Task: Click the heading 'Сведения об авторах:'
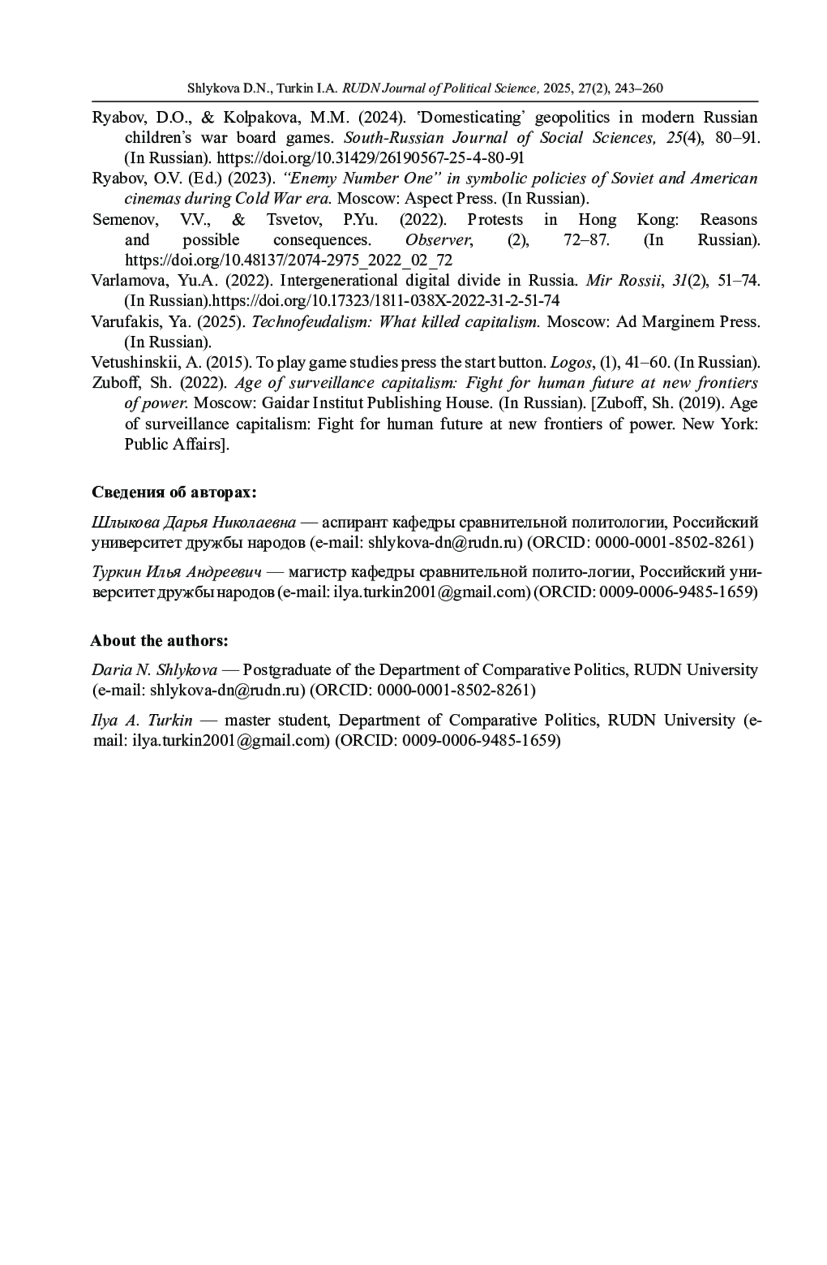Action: [174, 492]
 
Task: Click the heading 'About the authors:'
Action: [159, 641]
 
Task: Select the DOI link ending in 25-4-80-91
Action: [371, 158]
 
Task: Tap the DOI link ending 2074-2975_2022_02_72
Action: [288, 260]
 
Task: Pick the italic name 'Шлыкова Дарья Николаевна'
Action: [194, 522]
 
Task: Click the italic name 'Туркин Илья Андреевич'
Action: [177, 572]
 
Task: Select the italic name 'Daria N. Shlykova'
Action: [154, 670]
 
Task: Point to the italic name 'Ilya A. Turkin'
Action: [142, 721]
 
